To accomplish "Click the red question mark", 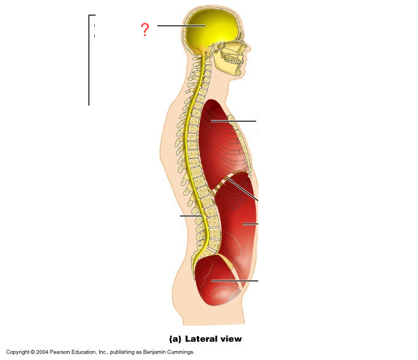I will tap(145, 29).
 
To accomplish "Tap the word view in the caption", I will tap(230, 339).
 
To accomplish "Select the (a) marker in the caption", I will tap(175, 339).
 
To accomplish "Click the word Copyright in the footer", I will tap(18, 352).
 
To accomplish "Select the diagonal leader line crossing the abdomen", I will tap(243, 189).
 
